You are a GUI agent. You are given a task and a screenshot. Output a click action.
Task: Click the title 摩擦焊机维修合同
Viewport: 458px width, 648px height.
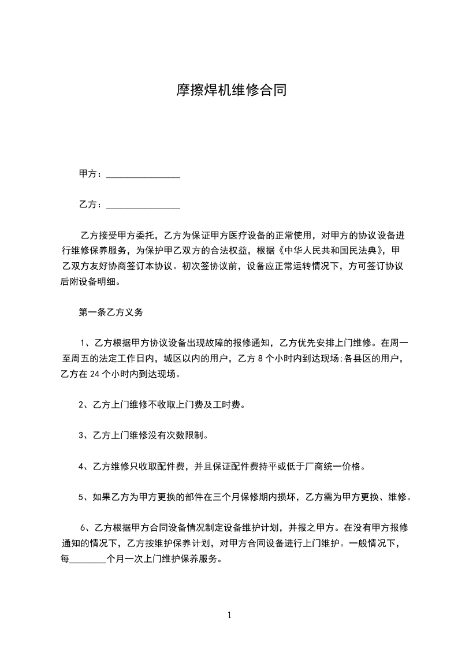(x=231, y=90)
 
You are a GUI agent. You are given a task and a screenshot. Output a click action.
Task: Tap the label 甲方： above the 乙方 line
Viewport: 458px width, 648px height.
(x=91, y=174)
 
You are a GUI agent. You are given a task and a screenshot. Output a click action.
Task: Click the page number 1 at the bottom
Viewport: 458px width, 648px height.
(x=229, y=615)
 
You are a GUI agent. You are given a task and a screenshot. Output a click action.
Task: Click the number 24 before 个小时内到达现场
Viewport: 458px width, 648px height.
(x=96, y=374)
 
